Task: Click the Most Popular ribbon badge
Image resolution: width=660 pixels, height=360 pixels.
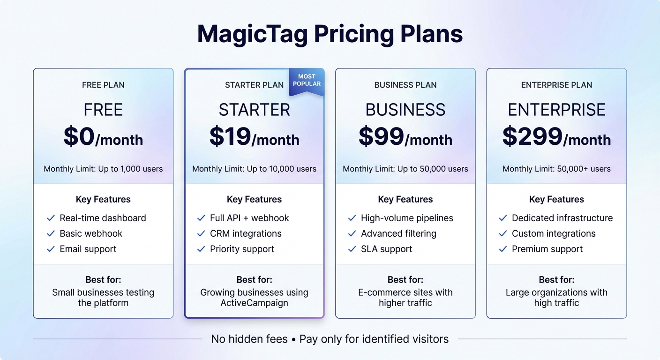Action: pos(307,81)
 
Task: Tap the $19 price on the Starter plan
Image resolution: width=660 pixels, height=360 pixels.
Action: pos(230,136)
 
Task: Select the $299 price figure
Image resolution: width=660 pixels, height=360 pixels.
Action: pos(532,136)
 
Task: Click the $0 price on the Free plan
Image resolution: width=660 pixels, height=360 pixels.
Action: pos(79,136)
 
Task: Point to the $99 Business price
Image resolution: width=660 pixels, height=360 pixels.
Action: pos(381,136)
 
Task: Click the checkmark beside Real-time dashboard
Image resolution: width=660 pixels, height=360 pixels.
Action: pos(51,218)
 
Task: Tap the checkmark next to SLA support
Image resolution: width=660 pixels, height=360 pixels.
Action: pos(352,249)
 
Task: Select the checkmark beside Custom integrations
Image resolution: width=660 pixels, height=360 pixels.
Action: pos(503,233)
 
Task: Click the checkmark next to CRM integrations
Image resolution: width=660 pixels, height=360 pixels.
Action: pos(201,233)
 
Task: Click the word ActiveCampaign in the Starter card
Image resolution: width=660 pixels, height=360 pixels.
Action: pos(254,303)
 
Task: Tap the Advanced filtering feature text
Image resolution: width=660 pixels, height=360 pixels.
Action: pos(398,233)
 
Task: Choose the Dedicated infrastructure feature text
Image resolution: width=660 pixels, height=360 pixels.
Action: pos(562,218)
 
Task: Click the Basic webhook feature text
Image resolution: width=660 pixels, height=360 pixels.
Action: pos(91,233)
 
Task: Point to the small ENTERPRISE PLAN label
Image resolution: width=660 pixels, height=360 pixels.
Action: pos(556,85)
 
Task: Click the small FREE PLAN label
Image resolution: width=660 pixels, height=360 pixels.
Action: pos(103,85)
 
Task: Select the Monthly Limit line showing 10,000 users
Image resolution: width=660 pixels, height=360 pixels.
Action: pos(254,169)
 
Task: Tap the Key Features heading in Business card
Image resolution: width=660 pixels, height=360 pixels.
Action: pos(405,199)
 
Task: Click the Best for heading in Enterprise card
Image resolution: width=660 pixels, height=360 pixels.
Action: pos(556,280)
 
